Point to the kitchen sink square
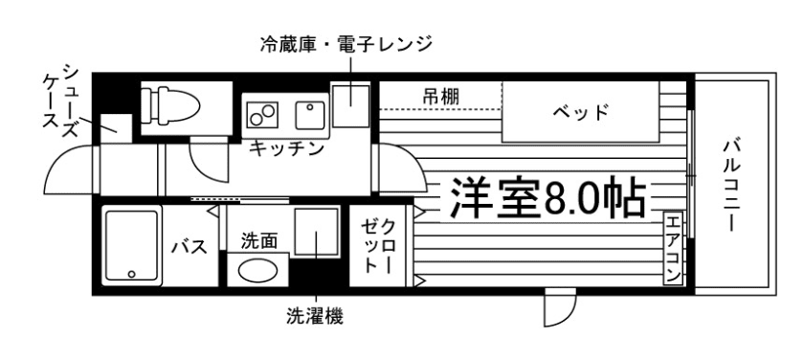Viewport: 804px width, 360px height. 309,116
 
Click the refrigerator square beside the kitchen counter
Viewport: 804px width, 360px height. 349,98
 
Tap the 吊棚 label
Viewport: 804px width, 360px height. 441,96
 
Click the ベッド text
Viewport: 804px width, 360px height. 581,111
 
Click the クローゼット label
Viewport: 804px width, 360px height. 376,246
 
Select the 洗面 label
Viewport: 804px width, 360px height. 258,240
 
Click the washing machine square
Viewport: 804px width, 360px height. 314,234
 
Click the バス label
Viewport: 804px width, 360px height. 189,248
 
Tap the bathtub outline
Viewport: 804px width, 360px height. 131,246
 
